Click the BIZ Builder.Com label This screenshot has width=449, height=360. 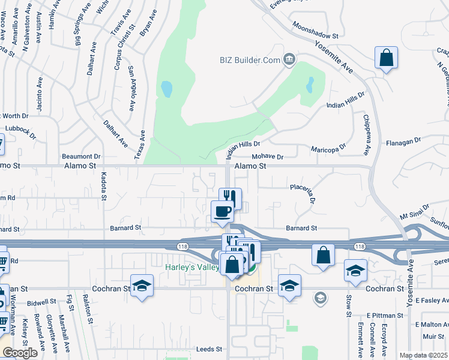(x=250, y=59)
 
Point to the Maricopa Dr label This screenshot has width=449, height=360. (x=328, y=147)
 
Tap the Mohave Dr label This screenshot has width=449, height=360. (x=267, y=157)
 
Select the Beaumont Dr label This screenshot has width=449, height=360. (x=81, y=156)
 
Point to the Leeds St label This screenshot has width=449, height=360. (x=210, y=349)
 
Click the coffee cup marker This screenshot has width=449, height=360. (x=223, y=211)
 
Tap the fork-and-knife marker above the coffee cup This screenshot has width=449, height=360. (x=230, y=197)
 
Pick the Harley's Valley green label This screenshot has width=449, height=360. (x=192, y=266)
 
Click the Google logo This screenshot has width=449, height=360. (x=20, y=353)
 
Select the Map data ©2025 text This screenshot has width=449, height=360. (x=423, y=355)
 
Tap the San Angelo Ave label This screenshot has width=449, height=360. (x=131, y=91)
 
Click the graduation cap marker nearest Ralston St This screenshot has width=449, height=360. (x=142, y=285)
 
